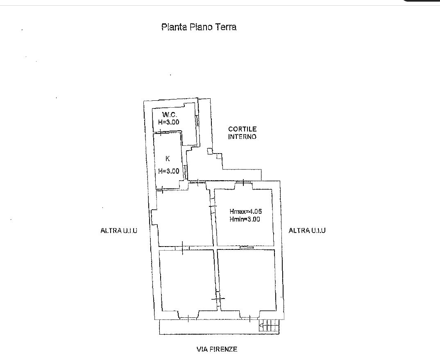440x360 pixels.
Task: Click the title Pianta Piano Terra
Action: click(x=199, y=27)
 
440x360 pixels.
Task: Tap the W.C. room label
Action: click(x=170, y=115)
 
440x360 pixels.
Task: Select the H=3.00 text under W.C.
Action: click(x=168, y=122)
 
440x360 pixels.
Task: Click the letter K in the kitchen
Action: click(x=168, y=158)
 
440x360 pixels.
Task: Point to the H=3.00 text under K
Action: click(x=168, y=171)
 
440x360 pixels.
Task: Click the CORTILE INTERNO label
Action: click(x=242, y=133)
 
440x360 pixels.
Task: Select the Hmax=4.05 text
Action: click(x=245, y=211)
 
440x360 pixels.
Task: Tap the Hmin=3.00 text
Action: click(x=245, y=219)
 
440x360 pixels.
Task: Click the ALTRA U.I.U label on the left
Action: click(x=119, y=231)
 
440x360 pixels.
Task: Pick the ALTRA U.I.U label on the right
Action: click(x=307, y=230)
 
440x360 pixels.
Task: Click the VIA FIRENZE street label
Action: click(x=217, y=349)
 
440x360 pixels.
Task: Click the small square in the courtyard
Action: click(x=210, y=151)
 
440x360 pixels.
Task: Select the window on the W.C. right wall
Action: click(x=197, y=121)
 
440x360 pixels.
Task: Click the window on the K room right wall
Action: click(x=185, y=172)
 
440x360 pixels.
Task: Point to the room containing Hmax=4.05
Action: click(x=244, y=217)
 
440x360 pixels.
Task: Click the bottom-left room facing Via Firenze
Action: click(x=188, y=281)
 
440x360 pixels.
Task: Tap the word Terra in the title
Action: click(x=226, y=27)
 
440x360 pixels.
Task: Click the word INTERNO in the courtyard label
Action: click(x=242, y=137)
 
